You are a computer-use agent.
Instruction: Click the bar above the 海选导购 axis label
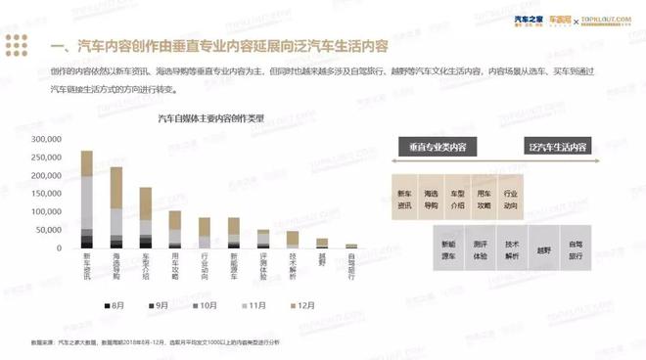pos(116,206)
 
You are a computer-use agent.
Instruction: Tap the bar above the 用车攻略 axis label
pos(175,228)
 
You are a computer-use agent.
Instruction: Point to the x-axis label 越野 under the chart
pos(321,260)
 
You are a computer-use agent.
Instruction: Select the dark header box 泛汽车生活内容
pos(557,147)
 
